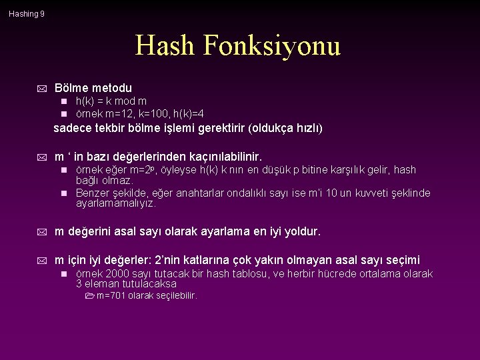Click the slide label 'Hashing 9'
point(27,13)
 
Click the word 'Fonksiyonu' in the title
point(273,46)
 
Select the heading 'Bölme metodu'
point(93,88)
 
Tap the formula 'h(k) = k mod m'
point(111,101)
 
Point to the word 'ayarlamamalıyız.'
point(116,203)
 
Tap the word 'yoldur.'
point(301,232)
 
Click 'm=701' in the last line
point(111,295)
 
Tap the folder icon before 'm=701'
point(91,295)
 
